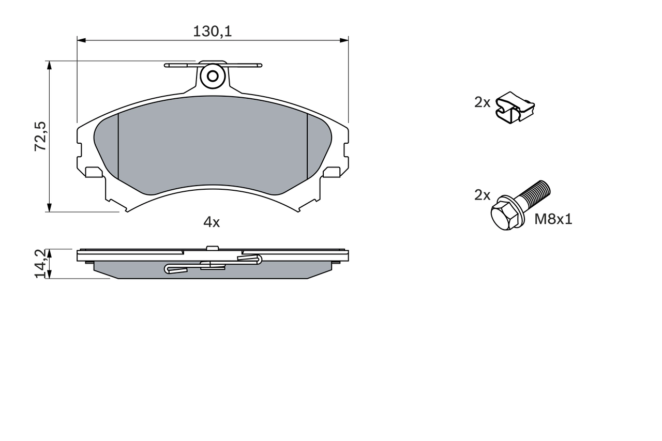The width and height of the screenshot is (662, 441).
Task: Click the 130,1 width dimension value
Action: (x=212, y=32)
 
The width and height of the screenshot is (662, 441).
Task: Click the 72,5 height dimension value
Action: (x=40, y=136)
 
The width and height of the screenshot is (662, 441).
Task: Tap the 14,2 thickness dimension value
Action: (x=40, y=264)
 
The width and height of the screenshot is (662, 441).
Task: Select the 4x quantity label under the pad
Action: (x=212, y=222)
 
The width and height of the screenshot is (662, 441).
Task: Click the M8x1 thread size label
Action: (x=553, y=219)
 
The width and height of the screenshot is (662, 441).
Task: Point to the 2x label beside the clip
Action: (x=482, y=102)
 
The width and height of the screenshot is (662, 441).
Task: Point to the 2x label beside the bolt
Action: (x=482, y=195)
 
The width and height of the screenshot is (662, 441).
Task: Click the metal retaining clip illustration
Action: (x=514, y=108)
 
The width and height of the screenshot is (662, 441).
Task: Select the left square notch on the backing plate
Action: (x=93, y=172)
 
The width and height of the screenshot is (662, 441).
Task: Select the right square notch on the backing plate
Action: (x=332, y=172)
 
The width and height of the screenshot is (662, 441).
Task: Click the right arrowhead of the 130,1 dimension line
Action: (x=344, y=40)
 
